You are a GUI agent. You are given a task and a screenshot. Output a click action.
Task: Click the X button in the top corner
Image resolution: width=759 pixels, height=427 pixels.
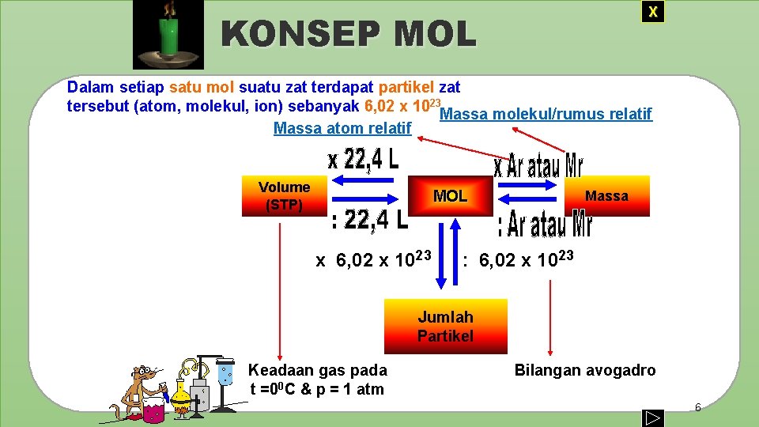[652, 12]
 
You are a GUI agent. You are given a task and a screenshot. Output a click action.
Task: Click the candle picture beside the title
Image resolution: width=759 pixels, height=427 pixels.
[168, 35]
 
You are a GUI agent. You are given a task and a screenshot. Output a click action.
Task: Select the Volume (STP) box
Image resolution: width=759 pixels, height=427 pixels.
[284, 196]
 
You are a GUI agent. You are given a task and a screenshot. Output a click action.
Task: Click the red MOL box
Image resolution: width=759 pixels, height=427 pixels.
[450, 196]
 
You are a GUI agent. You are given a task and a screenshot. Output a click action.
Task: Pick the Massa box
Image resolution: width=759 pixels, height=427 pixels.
[606, 196]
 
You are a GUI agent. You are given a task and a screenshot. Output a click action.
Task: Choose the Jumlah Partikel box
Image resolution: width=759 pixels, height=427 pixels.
[445, 326]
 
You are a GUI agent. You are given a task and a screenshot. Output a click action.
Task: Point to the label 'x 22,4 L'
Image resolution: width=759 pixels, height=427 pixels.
[363, 160]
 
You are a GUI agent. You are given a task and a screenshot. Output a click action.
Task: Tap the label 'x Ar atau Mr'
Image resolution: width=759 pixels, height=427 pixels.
[538, 166]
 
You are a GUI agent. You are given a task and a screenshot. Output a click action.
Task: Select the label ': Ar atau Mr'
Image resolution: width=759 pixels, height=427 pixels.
[544, 224]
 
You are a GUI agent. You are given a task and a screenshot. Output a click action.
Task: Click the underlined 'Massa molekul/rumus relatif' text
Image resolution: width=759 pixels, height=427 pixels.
[546, 115]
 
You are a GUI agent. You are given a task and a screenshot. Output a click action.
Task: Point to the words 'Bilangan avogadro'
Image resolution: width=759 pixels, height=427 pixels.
[585, 370]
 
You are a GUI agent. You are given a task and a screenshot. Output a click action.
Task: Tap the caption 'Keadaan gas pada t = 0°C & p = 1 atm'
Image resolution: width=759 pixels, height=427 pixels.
[317, 380]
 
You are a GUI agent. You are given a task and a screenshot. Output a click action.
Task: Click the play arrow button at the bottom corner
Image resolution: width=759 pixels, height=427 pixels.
[652, 417]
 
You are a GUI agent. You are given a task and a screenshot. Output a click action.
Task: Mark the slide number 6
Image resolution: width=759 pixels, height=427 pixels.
[697, 407]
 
